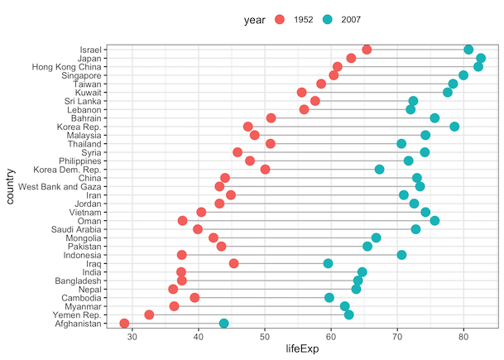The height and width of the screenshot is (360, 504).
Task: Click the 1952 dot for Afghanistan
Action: point(124,324)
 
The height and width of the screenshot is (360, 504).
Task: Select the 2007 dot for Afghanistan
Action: point(223,324)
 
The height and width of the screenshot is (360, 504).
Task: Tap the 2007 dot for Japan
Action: point(481,58)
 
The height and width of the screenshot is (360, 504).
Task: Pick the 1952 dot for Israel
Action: point(367,50)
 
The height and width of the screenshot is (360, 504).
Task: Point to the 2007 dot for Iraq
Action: point(328,263)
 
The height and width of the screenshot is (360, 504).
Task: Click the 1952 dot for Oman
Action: point(183,220)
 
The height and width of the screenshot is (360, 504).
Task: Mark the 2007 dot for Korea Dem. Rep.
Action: point(379,170)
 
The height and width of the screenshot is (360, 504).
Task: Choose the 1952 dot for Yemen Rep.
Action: point(149,314)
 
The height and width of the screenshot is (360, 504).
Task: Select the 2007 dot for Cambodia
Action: point(329,297)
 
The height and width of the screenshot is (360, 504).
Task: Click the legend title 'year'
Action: point(254,19)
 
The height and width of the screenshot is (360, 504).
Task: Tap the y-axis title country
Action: point(11,186)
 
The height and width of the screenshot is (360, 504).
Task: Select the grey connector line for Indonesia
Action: point(290,255)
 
